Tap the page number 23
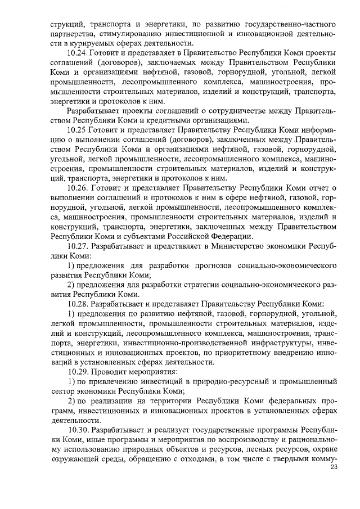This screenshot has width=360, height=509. pyautogui.click(x=334, y=467)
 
